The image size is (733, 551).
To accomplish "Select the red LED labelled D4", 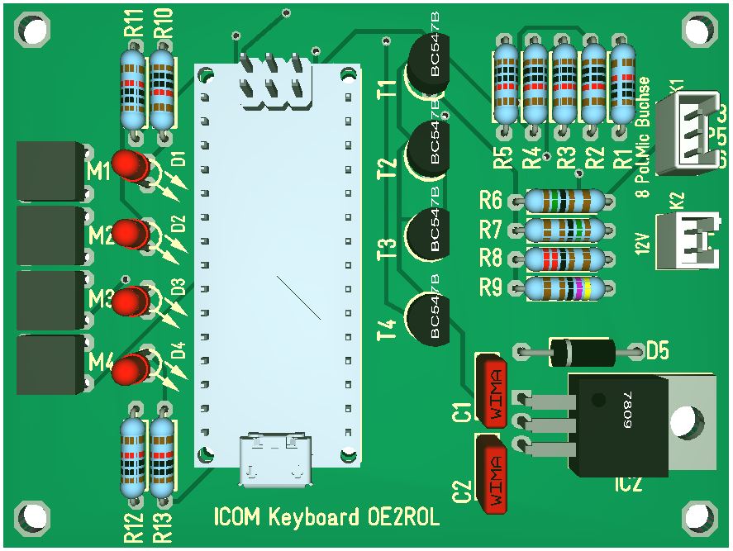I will pos(129,368).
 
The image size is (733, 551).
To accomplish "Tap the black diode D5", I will pos(583,352).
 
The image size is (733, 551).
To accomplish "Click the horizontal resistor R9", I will pos(564,289).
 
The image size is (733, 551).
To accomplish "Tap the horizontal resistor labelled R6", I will pos(564,200).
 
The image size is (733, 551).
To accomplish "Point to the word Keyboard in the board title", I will pos(313,519).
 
